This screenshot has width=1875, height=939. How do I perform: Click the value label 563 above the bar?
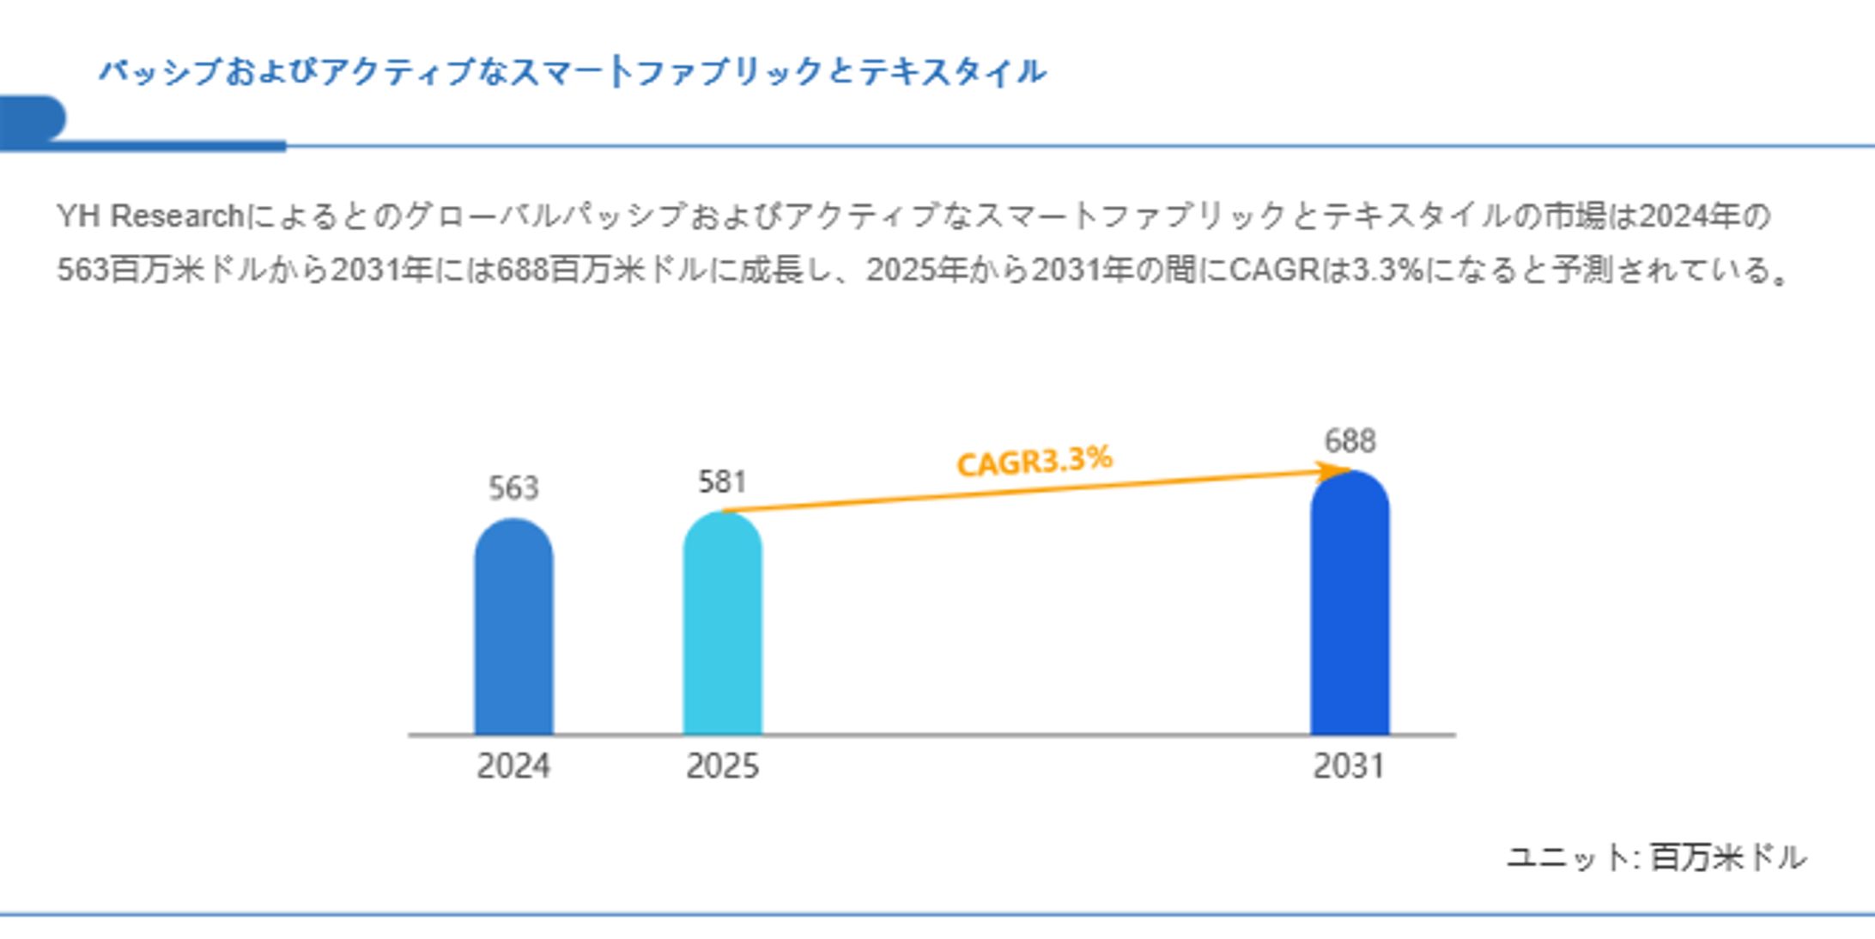pyautogui.click(x=513, y=488)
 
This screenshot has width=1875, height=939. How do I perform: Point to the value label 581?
pyautogui.click(x=722, y=482)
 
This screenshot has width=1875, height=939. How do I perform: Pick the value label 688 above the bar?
pyautogui.click(x=1350, y=441)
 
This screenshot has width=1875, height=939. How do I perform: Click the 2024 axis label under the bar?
pyautogui.click(x=513, y=766)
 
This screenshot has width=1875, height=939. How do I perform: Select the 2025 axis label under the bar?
pyautogui.click(x=722, y=766)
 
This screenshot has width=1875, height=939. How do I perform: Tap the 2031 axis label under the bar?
pyautogui.click(x=1350, y=766)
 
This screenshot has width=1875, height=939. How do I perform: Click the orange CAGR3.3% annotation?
pyautogui.click(x=1035, y=461)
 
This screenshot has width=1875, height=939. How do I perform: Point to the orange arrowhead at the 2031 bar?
pyautogui.click(x=1335, y=471)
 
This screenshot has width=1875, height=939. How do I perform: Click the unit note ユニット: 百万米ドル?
pyautogui.click(x=1656, y=857)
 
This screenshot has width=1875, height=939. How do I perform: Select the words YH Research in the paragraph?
pyautogui.click(x=150, y=216)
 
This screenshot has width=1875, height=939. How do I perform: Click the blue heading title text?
pyautogui.click(x=572, y=72)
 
